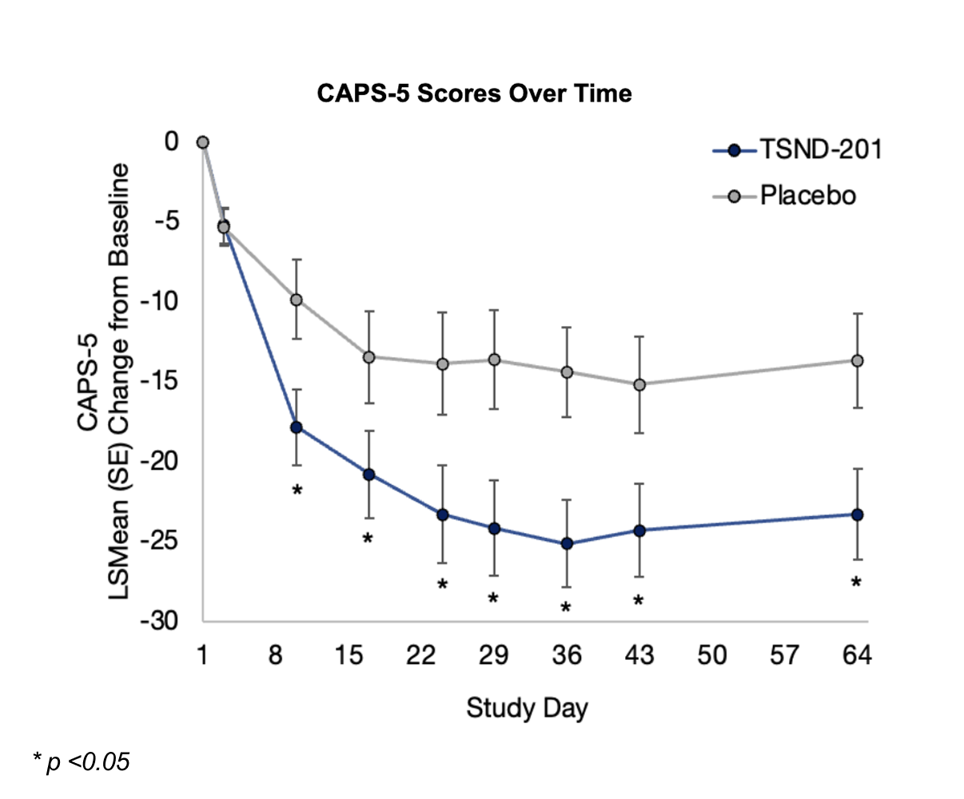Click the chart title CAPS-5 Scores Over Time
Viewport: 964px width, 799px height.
[474, 93]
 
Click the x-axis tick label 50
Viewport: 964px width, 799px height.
[711, 656]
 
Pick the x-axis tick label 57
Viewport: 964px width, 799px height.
[784, 656]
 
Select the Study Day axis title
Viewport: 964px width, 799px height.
[527, 708]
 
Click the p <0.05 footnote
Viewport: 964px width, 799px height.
[81, 762]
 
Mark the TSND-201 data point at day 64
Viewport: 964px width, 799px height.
[857, 515]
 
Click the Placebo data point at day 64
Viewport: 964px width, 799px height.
[857, 361]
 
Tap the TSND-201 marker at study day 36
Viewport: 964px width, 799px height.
[567, 543]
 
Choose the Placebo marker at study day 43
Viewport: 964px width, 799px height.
[639, 384]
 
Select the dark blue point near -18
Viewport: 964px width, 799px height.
[297, 427]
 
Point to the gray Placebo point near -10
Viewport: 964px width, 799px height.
[297, 300]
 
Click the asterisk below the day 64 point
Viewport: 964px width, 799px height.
[856, 583]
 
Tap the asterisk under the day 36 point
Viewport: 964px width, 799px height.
[566, 608]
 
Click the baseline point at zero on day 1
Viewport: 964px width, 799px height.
[203, 142]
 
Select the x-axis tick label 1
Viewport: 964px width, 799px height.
[202, 656]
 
